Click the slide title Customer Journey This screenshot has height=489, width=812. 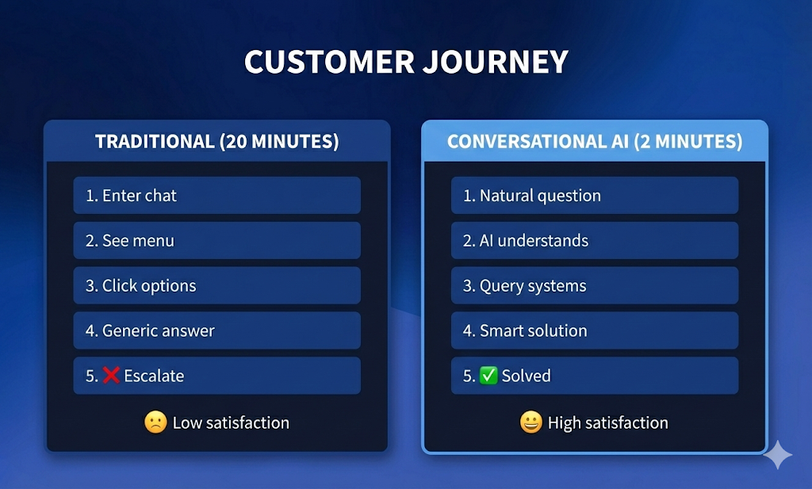pos(406,62)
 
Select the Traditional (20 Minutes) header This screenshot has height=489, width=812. pos(216,142)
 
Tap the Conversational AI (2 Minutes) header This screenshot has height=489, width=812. pos(595,142)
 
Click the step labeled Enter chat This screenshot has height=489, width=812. pos(216,196)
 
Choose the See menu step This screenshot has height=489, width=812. pos(216,241)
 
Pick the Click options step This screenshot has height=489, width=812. pos(216,286)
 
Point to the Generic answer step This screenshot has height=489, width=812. pos(216,331)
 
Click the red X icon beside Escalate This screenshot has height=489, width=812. pos(112,376)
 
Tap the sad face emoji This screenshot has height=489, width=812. pos(155,422)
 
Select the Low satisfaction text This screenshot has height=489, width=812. pos(231,423)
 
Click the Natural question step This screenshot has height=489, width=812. pos(595,196)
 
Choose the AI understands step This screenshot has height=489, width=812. pos(595,241)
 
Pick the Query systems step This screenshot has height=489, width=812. pos(595,286)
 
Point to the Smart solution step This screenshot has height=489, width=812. pos(595,331)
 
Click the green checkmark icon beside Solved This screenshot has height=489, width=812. pos(489,376)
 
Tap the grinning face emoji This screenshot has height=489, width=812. pos(530,422)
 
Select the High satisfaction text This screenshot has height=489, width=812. pos(607,423)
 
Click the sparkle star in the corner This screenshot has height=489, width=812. pos(778,455)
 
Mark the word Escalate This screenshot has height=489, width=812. pos(154,376)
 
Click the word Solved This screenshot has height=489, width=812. pos(526,376)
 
